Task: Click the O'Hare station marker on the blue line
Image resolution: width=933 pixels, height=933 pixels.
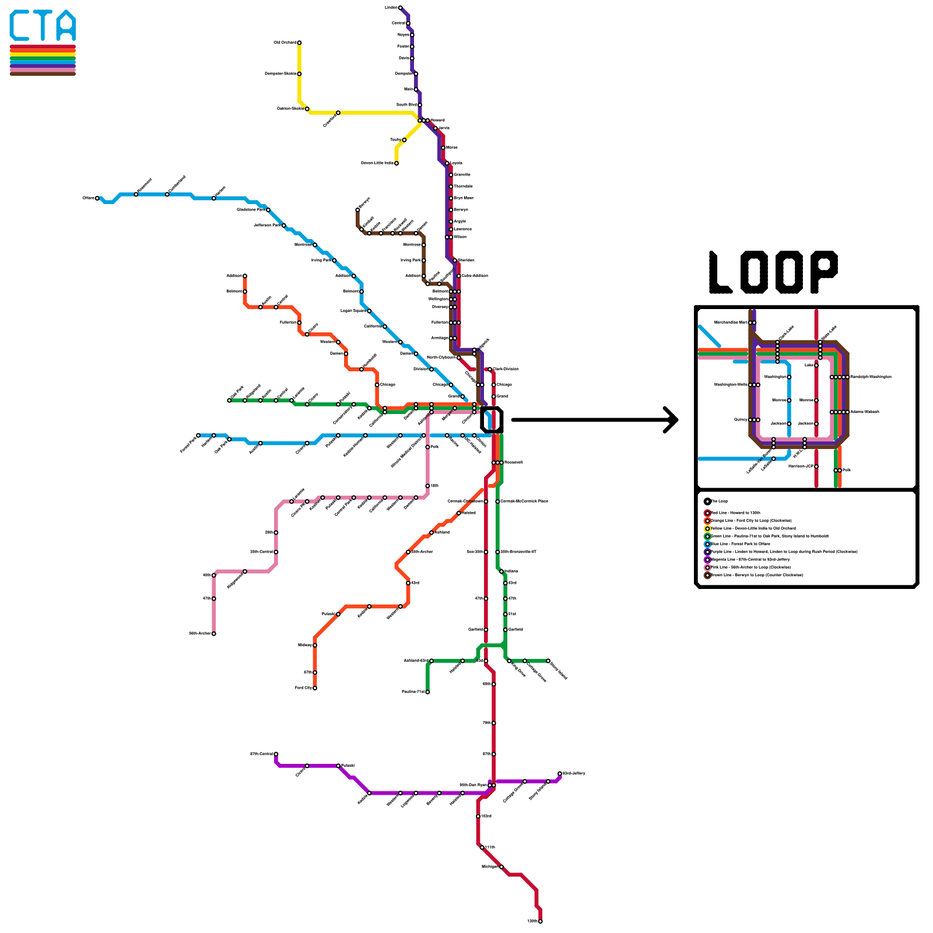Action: coord(97,198)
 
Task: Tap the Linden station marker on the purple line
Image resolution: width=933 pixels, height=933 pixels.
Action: coord(400,8)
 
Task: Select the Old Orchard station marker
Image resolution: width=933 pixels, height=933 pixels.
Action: coord(299,43)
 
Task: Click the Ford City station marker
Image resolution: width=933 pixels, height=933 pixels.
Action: coord(315,688)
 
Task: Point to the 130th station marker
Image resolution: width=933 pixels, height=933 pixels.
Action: coord(541,921)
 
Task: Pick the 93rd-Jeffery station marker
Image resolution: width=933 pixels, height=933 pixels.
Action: coord(560,774)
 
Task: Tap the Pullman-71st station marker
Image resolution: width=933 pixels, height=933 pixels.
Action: coord(427,692)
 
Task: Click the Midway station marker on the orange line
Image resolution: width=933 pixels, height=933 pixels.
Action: coord(315,646)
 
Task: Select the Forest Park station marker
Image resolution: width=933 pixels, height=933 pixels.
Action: coord(198,435)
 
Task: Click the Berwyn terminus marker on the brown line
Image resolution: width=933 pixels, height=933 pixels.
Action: coord(357,210)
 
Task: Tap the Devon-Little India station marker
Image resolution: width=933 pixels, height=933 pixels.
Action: coord(397,163)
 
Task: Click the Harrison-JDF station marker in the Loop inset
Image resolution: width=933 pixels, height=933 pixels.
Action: coord(816,466)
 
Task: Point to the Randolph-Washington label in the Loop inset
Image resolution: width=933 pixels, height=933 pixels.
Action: coord(870,377)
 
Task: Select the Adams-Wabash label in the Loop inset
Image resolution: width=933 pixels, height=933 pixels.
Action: coord(864,412)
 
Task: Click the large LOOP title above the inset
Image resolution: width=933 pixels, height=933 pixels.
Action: coord(773,272)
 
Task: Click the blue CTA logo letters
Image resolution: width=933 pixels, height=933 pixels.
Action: coord(43,26)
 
